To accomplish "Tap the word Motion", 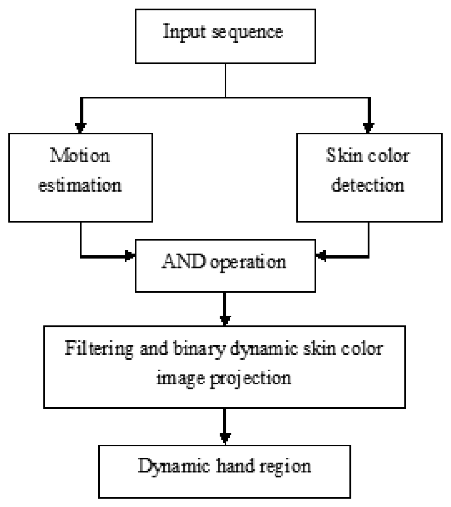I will (x=80, y=155).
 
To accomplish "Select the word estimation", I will (x=80, y=185).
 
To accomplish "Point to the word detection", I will (x=368, y=185).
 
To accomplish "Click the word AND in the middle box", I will (x=184, y=261).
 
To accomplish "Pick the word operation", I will (x=248, y=263).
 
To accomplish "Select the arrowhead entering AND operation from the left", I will (x=129, y=256).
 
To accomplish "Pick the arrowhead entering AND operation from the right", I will (x=321, y=256).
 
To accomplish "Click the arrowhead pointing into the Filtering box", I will (x=225, y=320).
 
